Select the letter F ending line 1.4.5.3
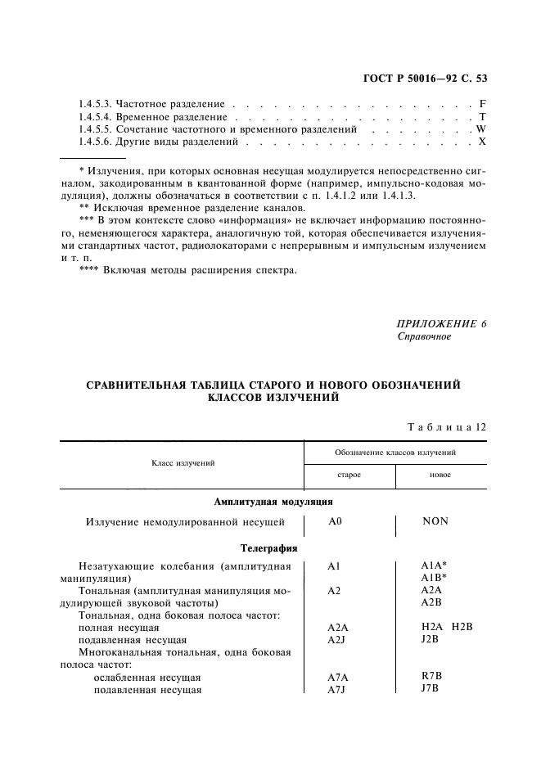click(x=483, y=105)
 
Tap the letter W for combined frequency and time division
click(x=481, y=129)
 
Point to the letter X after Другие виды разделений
click(x=482, y=142)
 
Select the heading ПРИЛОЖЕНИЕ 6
click(x=441, y=323)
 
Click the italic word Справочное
click(x=423, y=336)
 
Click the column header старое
click(x=349, y=475)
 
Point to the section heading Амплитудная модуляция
click(x=273, y=502)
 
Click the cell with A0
click(x=335, y=520)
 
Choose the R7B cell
click(x=431, y=676)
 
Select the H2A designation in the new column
click(x=431, y=626)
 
